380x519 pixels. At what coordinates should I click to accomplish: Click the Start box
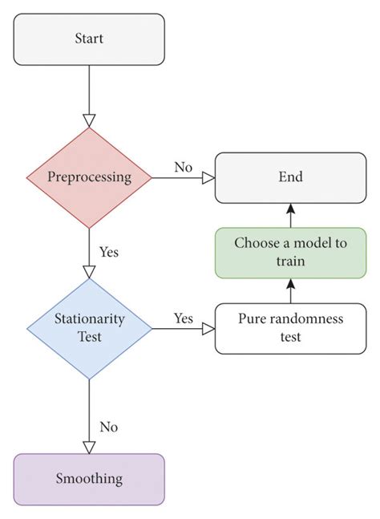(89, 39)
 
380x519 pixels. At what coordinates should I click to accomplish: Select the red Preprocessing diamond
(89, 177)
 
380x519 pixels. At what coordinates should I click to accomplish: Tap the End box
(290, 177)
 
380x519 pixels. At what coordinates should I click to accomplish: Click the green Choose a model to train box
(290, 253)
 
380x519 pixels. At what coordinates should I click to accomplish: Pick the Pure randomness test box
(290, 327)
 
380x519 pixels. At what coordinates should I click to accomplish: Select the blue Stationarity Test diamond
(89, 327)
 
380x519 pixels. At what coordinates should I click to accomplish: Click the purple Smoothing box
(89, 479)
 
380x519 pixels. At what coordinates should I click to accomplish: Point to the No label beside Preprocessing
(183, 167)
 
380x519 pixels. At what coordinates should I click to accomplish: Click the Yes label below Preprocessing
(109, 251)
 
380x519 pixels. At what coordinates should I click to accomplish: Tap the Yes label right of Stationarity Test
(183, 318)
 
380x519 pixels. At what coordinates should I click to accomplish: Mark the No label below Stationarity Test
(109, 426)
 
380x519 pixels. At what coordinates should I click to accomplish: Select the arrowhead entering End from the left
(208, 177)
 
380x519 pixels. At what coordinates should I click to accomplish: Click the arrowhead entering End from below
(290, 207)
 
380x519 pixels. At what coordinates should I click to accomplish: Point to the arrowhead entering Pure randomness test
(208, 328)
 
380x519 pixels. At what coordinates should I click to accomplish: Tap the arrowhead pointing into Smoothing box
(89, 446)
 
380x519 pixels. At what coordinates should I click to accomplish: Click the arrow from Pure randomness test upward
(290, 290)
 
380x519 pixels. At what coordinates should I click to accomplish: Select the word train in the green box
(290, 262)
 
